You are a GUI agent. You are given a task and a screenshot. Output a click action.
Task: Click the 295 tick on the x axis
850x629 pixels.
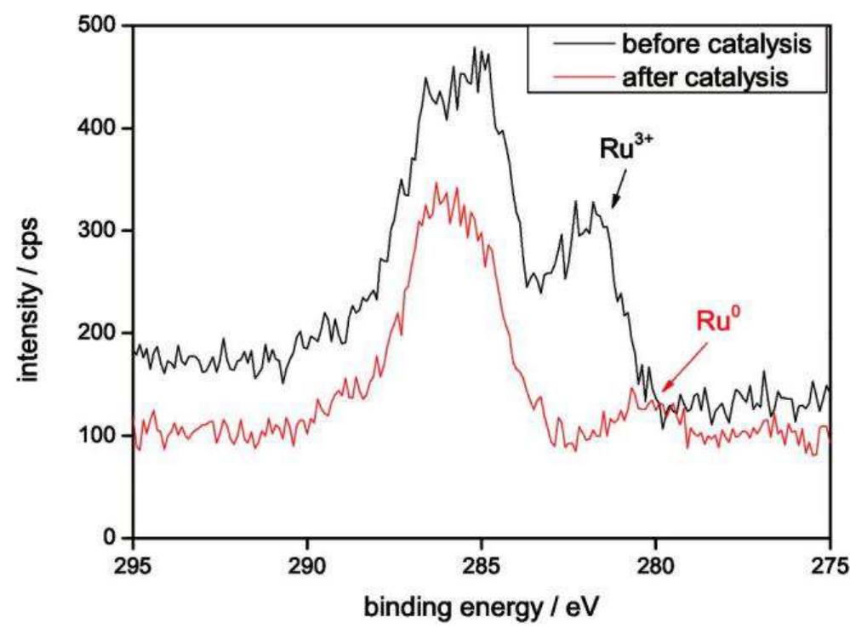click(134, 564)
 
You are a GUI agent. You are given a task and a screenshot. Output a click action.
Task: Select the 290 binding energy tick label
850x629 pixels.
click(307, 564)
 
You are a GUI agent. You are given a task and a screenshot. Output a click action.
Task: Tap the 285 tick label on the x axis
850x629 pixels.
click(482, 564)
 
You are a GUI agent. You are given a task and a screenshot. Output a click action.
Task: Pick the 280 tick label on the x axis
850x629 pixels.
click(655, 564)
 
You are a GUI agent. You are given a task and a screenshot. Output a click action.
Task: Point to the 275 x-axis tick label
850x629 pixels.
click(829, 564)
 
